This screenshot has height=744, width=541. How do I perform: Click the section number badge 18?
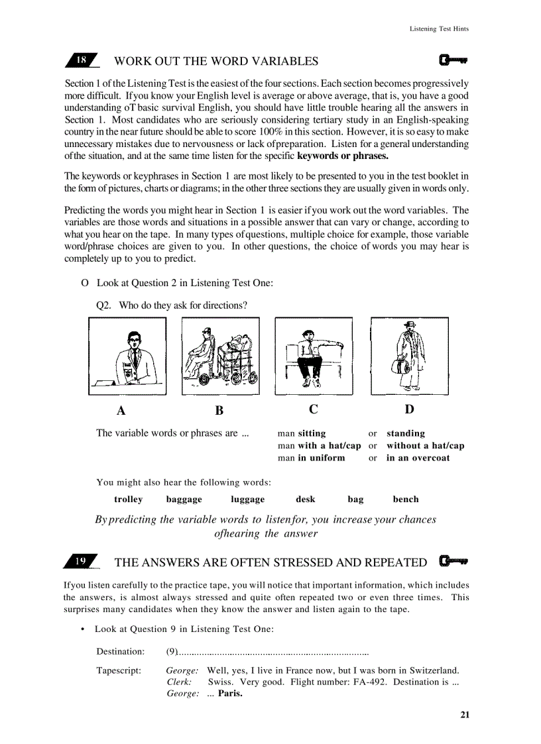click(82, 60)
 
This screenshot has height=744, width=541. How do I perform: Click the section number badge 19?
click(81, 562)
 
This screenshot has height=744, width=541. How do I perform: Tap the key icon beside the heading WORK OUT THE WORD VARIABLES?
click(453, 61)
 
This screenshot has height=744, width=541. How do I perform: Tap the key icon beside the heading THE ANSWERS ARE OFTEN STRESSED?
click(453, 562)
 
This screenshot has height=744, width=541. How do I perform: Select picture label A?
click(121, 410)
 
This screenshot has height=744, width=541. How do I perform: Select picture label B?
click(219, 410)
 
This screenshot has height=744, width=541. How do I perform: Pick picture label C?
click(313, 409)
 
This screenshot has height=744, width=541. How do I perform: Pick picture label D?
click(409, 409)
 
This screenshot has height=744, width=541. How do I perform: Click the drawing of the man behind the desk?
click(127, 356)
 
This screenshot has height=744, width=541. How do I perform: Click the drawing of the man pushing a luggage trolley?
click(220, 356)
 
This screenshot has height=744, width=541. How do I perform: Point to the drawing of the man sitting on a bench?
click(314, 356)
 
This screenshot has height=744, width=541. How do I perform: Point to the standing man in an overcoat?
click(409, 356)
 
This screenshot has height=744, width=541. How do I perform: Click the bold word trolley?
click(128, 500)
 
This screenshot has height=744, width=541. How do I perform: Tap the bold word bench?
click(405, 500)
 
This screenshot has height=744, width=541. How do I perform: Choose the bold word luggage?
click(247, 500)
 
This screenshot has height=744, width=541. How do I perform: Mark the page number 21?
click(464, 714)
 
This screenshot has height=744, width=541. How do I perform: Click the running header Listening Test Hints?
click(439, 29)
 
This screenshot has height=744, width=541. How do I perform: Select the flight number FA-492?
click(365, 682)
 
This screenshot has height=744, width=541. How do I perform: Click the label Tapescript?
click(119, 670)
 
